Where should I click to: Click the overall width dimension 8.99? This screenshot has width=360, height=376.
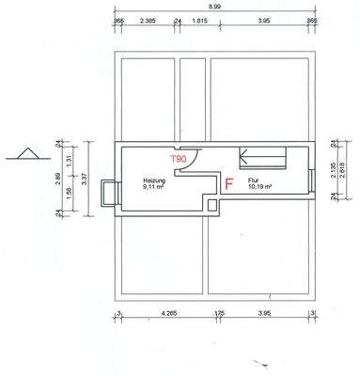(x=214, y=7)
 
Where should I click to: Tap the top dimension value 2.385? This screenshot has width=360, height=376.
(x=148, y=19)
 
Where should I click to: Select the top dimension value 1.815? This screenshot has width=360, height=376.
(x=199, y=19)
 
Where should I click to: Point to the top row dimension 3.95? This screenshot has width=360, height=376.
(x=264, y=19)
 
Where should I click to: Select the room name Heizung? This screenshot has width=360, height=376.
(x=154, y=180)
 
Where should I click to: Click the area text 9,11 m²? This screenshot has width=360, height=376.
(x=154, y=187)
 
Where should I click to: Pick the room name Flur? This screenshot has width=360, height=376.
(x=253, y=180)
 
